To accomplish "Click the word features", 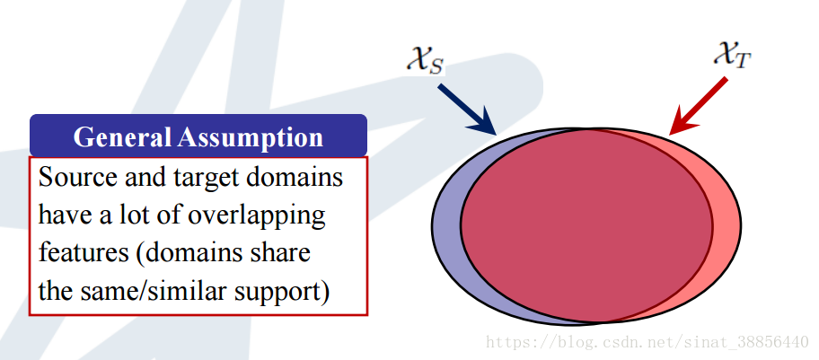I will (84, 253).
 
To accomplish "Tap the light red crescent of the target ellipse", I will (726, 224).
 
